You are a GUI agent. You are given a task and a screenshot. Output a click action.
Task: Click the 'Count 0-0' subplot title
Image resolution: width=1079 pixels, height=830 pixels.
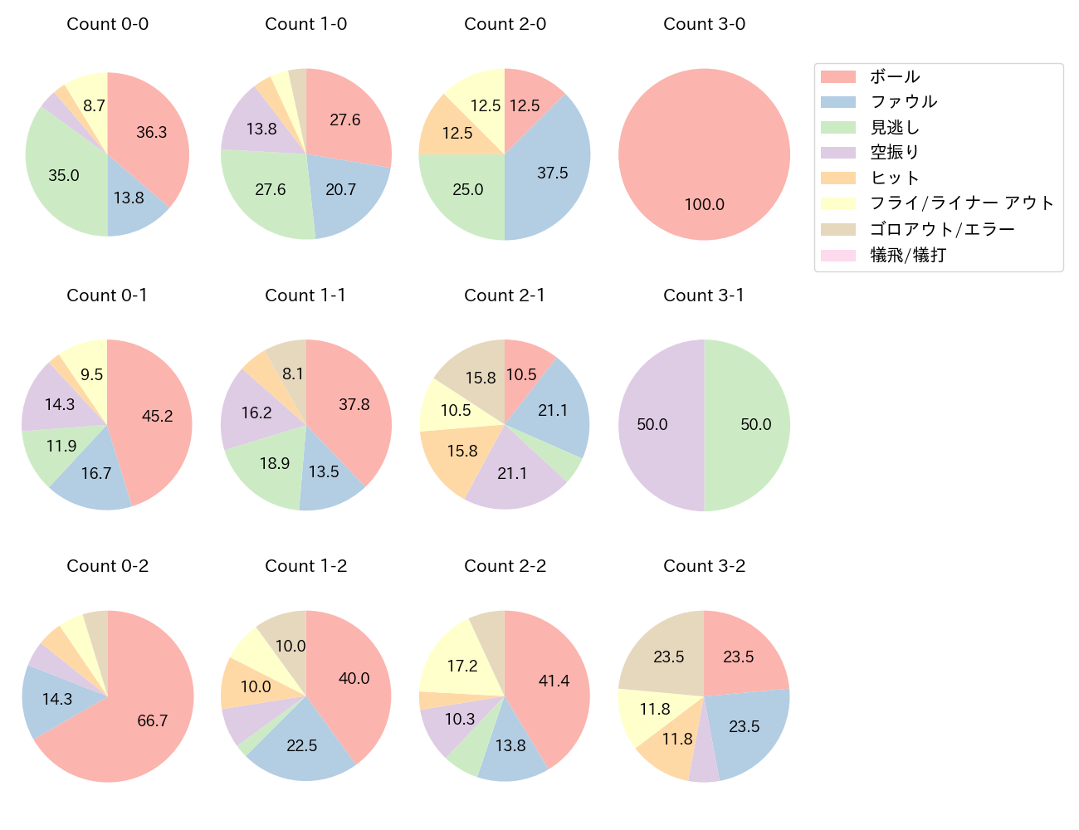(107, 24)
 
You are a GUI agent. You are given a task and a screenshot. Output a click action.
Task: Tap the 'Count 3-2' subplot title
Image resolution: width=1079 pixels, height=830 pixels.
(704, 566)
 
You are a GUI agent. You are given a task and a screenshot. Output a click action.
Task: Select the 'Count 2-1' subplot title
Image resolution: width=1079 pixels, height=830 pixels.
(505, 295)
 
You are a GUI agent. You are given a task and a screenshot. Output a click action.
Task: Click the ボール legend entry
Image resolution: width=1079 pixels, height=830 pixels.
(894, 76)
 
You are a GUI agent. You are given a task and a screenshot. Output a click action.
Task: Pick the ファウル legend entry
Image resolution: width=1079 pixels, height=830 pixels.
(903, 102)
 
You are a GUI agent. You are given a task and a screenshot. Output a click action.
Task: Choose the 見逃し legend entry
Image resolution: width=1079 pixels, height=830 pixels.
(894, 128)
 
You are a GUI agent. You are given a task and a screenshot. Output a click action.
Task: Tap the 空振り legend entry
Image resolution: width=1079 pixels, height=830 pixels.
(894, 153)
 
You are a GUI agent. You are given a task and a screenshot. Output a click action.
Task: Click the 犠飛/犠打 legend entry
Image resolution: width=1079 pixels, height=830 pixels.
(907, 255)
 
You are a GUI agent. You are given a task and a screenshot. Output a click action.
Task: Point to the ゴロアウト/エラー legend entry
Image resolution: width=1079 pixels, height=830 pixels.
(942, 229)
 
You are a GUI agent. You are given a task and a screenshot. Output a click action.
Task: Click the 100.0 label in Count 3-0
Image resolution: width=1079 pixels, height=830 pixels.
(704, 205)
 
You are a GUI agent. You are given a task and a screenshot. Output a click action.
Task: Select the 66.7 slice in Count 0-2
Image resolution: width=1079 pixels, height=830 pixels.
(153, 720)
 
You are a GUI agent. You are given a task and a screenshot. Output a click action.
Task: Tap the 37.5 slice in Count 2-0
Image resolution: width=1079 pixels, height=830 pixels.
(552, 173)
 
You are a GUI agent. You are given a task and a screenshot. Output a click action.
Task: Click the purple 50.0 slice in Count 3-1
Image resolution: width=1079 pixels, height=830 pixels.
(652, 425)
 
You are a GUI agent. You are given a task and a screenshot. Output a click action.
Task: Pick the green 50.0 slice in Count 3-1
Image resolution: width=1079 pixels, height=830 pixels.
(755, 425)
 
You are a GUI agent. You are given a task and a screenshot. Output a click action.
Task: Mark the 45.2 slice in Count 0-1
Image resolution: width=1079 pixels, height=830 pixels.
(157, 416)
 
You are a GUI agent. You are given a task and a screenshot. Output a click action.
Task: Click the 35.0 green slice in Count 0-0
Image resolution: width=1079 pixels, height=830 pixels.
(64, 175)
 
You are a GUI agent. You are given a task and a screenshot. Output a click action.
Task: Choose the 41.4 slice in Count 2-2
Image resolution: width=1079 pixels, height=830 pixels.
(554, 681)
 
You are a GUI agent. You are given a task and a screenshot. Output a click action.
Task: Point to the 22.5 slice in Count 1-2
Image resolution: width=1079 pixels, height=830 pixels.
(302, 745)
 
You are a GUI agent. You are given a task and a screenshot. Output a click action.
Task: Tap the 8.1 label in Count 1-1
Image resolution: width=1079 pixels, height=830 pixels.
(293, 374)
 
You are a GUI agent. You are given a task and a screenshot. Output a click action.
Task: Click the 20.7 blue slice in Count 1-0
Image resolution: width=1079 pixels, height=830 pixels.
(340, 190)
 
